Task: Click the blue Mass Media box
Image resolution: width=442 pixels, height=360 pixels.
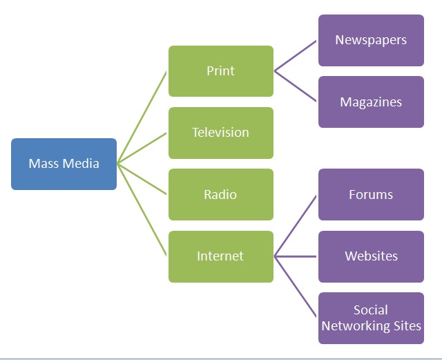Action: tap(64, 164)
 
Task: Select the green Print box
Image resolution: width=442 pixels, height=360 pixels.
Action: tap(220, 70)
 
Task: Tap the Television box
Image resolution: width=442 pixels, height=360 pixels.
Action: tap(220, 133)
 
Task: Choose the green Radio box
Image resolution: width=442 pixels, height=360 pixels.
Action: tap(220, 194)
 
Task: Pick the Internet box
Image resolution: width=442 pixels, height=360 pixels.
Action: tap(220, 256)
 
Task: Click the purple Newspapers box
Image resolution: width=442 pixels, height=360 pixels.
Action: tap(371, 40)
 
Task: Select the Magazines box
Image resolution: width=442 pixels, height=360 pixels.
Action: tap(371, 102)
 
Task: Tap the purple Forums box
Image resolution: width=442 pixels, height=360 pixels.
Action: tap(371, 194)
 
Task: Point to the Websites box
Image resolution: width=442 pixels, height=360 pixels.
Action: tap(371, 256)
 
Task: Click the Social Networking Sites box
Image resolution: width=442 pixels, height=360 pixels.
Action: tap(371, 318)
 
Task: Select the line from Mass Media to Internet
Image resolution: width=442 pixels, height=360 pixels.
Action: tap(142, 210)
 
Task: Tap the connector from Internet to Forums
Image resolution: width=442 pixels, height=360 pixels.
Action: tap(296, 225)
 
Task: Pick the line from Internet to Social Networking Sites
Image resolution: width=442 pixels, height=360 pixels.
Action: tap(296, 287)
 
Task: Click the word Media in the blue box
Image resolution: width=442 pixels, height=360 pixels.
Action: tap(81, 164)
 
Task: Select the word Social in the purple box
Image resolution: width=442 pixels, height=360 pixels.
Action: tap(371, 310)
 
